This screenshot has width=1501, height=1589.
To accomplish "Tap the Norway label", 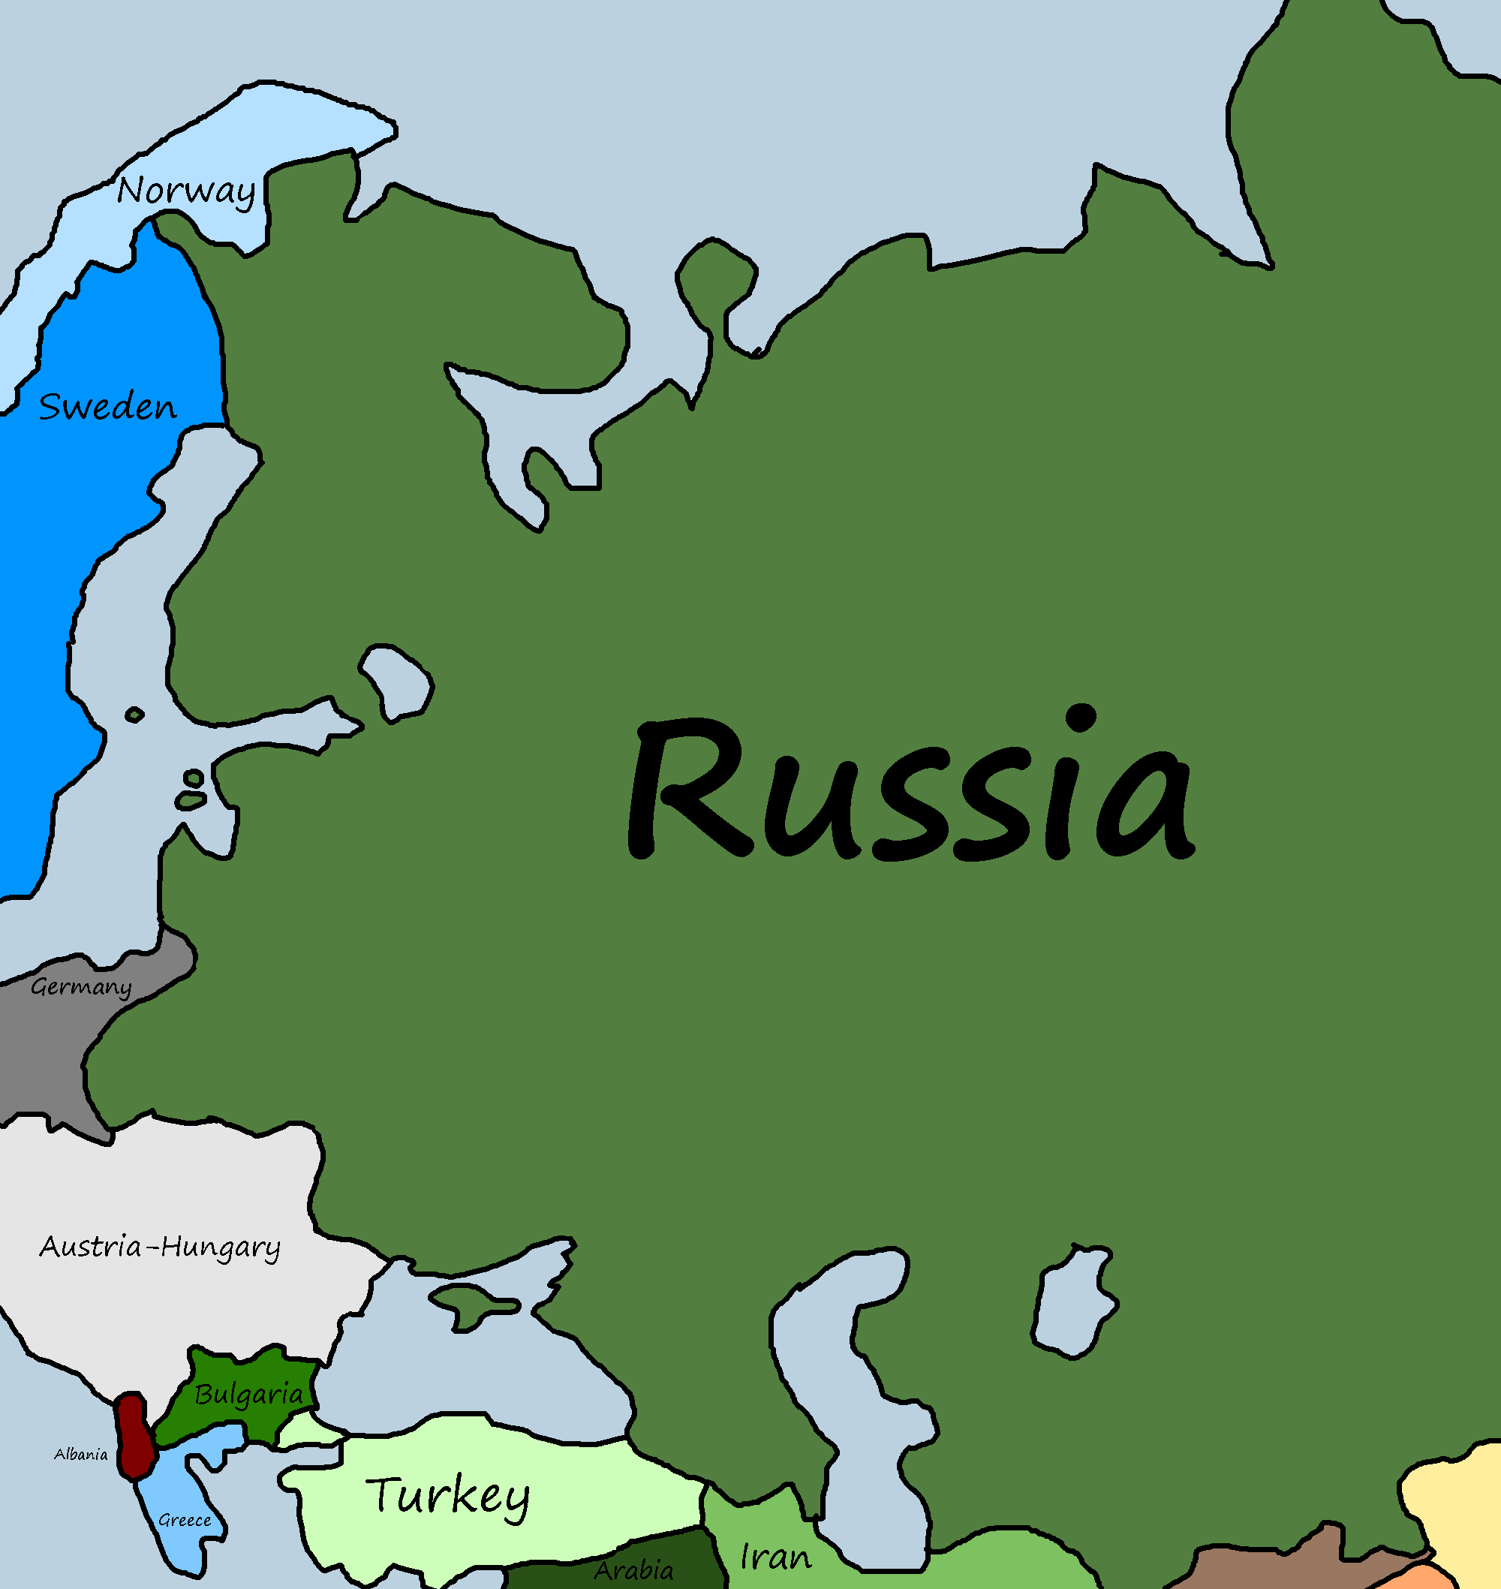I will (x=185, y=191).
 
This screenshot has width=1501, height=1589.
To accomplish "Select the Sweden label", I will (x=107, y=408).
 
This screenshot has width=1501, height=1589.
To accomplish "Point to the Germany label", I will (x=81, y=987).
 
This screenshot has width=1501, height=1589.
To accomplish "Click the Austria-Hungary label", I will (x=160, y=1247).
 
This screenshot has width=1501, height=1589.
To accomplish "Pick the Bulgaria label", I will (x=248, y=1395).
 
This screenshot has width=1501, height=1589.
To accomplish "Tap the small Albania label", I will (x=80, y=1455).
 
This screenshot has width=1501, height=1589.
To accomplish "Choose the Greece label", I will (x=184, y=1520).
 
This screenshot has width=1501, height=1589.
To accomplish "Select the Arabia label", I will (x=633, y=1569).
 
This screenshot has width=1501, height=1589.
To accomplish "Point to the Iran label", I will (x=775, y=1557).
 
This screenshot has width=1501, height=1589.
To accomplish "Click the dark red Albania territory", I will (x=134, y=1436).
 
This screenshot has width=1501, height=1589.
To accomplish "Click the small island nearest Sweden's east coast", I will (x=134, y=714).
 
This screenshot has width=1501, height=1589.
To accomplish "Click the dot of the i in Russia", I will (x=1081, y=717).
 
